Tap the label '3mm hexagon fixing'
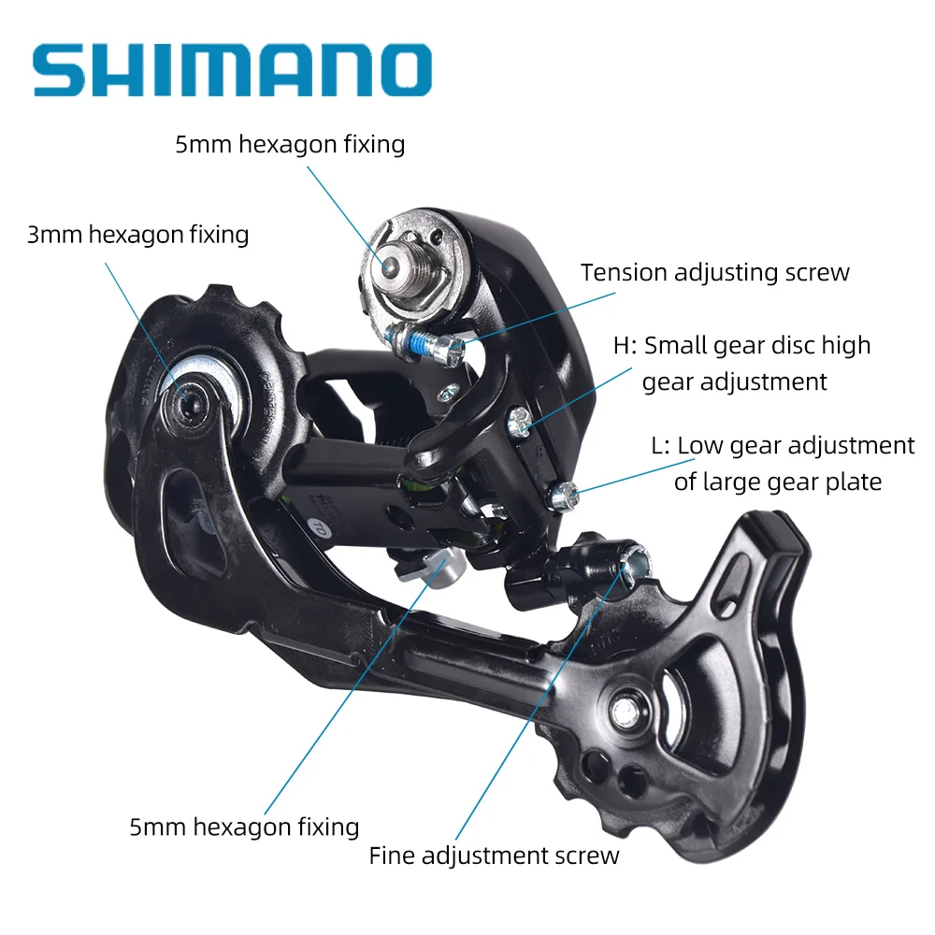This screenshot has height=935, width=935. (x=137, y=234)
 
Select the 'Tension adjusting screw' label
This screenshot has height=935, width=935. (x=714, y=272)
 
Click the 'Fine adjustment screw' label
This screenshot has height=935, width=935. (x=494, y=855)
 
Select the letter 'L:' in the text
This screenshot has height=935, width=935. (x=661, y=446)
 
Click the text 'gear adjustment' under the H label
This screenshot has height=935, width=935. (x=734, y=381)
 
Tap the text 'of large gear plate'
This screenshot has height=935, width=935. (x=778, y=482)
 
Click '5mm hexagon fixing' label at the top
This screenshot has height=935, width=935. (x=290, y=144)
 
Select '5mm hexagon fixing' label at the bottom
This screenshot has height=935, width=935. (x=244, y=827)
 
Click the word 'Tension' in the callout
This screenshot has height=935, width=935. (x=623, y=272)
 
